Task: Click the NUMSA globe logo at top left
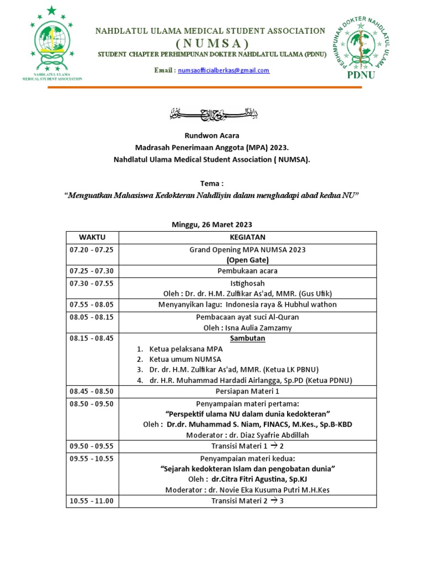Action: [x=52, y=43]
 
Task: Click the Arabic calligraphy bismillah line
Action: [x=213, y=115]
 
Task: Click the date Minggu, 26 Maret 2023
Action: [x=213, y=225]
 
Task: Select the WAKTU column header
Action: [x=92, y=237]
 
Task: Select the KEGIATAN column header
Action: [x=248, y=237]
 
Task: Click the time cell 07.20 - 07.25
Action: [x=91, y=249]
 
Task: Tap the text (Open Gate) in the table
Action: [x=247, y=260]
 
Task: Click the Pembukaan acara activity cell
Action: [x=247, y=271]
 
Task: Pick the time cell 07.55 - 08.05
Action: [x=91, y=305]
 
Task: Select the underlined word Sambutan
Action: [x=247, y=338]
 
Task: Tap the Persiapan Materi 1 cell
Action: [x=247, y=392]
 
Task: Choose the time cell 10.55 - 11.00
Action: [x=91, y=500]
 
